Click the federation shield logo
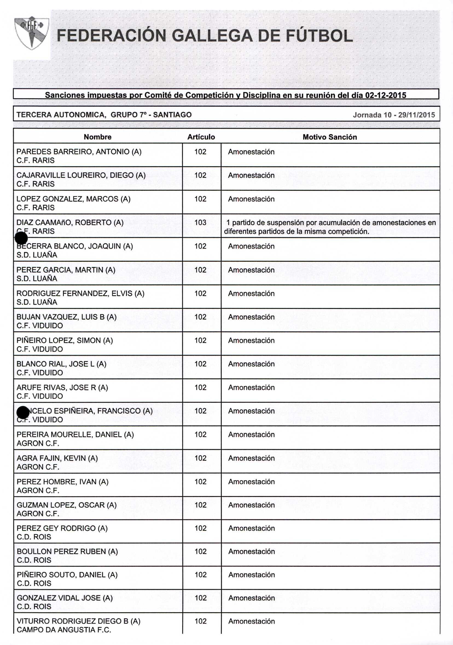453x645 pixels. [32, 33]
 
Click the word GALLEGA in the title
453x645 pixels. [212, 36]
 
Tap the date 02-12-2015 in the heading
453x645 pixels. [385, 95]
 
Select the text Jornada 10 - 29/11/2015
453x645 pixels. [394, 115]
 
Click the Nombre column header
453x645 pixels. [98, 137]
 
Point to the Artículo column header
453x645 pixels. [201, 137]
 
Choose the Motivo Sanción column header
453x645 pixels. [330, 137]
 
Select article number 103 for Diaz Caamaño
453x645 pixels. [200, 222]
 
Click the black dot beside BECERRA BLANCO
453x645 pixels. [21, 238]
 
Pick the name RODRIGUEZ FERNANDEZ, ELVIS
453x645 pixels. [80, 293]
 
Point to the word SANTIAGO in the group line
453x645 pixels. [172, 115]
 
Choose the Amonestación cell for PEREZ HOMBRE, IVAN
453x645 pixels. [251, 482]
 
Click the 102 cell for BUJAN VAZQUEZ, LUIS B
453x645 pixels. [200, 317]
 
